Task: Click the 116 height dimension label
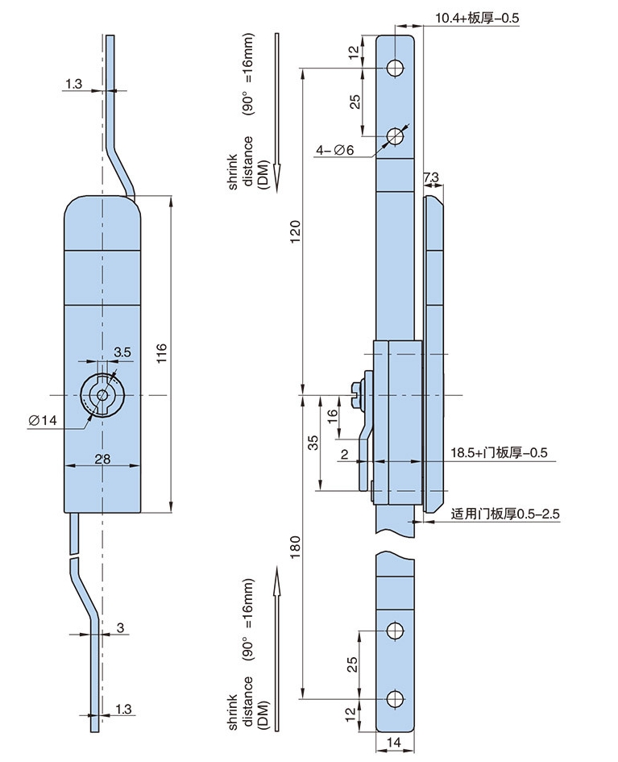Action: (162, 353)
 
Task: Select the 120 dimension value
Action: (296, 231)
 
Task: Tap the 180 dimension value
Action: (296, 548)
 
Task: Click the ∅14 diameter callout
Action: (43, 420)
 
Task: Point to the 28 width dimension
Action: (102, 458)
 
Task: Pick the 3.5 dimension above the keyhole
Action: (122, 352)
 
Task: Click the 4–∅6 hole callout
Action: (335, 150)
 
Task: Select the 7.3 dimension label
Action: (430, 177)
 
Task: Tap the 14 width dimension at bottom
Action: (394, 742)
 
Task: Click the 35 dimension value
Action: (313, 442)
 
